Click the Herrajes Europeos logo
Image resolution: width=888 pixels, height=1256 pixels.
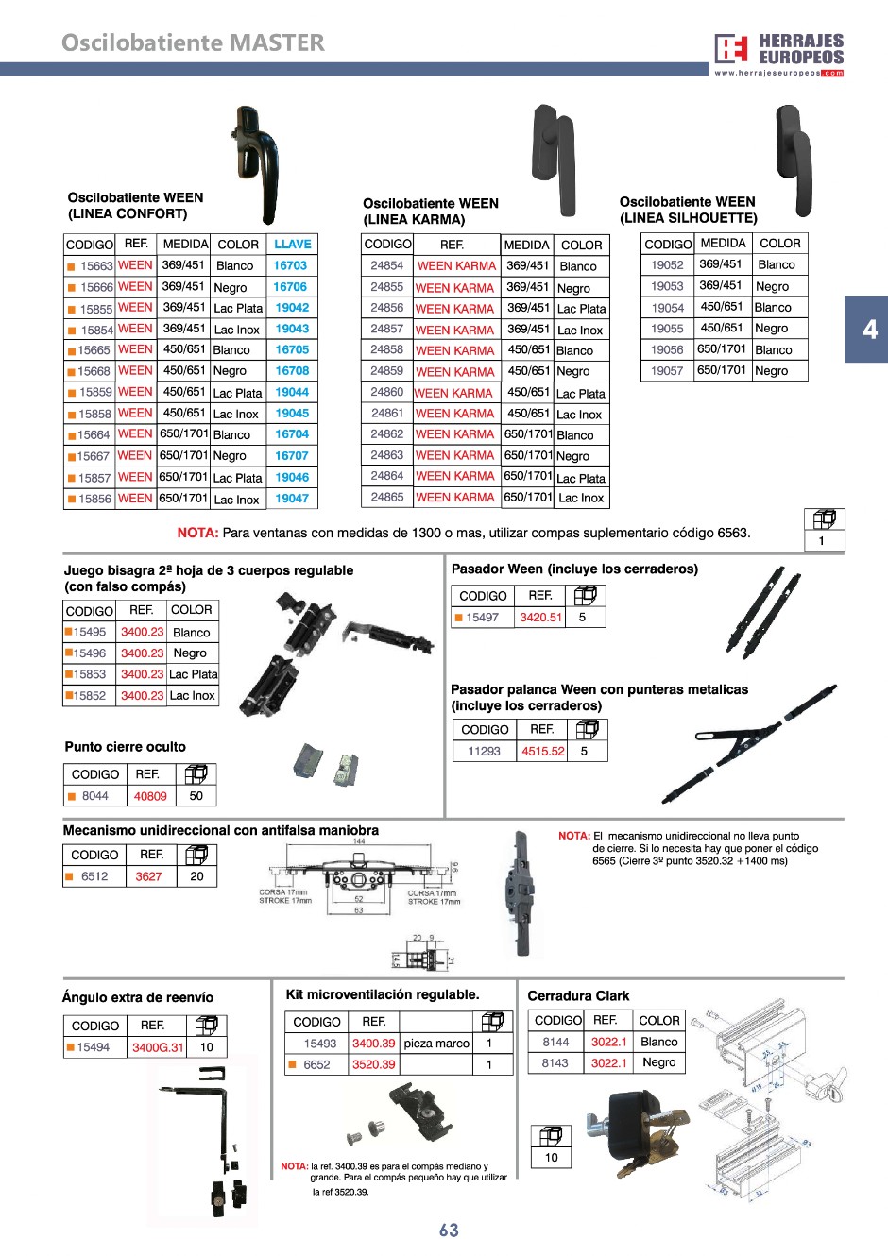point(778,53)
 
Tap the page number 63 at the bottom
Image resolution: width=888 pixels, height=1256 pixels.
point(449,1230)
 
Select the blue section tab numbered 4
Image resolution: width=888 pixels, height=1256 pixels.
point(868,330)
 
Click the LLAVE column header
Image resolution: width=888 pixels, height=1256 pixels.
point(292,244)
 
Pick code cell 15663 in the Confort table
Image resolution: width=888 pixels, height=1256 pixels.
point(95,266)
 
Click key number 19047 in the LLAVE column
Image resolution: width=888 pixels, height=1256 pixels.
point(292,499)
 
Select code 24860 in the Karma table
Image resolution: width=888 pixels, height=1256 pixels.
point(386,392)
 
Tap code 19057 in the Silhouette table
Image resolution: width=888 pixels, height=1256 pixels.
point(667,371)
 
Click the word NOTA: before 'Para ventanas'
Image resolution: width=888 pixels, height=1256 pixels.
point(197,533)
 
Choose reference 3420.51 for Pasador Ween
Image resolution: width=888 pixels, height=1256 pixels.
point(540,618)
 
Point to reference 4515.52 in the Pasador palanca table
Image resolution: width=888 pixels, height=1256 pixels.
point(543,752)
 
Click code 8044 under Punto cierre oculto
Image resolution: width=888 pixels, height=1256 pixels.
point(94,796)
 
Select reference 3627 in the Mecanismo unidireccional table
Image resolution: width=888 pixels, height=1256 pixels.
point(148,876)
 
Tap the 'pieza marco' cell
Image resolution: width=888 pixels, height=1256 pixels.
point(436,1044)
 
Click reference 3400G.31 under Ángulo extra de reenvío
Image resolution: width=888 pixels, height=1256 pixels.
point(158,1047)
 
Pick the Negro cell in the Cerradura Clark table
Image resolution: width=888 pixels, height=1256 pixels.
point(658,1062)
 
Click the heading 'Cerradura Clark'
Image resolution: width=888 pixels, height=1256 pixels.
point(578,995)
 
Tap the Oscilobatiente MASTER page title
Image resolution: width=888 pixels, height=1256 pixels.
point(193,42)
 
